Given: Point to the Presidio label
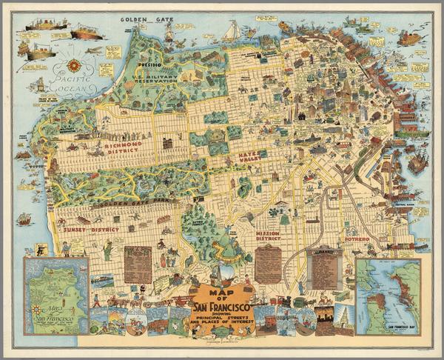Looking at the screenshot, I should click(x=150, y=66).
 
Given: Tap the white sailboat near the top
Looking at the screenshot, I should click(x=231, y=31).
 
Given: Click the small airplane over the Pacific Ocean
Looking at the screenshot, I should click(x=95, y=50).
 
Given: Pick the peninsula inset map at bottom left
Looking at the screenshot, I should click(x=56, y=295).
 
